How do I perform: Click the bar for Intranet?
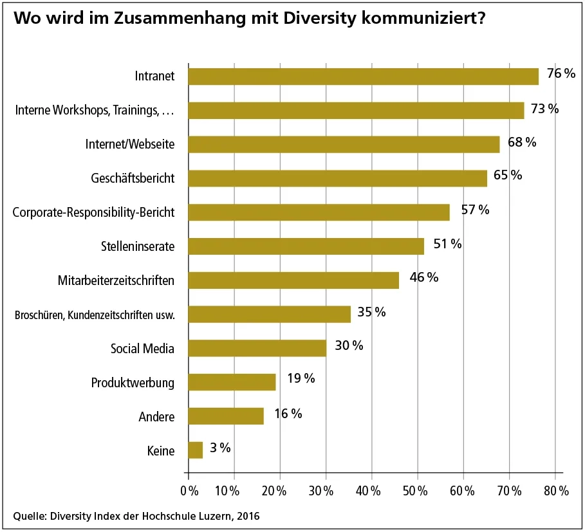click(x=363, y=76)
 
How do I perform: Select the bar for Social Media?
click(x=257, y=348)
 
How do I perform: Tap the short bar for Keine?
click(x=196, y=450)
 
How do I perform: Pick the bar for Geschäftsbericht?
click(x=337, y=178)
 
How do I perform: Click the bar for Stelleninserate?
click(x=306, y=246)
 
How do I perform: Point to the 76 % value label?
click(x=561, y=74)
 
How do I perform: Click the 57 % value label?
click(x=475, y=210)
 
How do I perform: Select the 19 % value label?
click(x=301, y=379)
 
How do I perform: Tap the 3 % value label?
click(x=220, y=448)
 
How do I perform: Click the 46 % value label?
click(x=423, y=278)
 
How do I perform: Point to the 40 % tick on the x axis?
click(x=371, y=491)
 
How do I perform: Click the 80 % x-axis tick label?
click(x=555, y=491)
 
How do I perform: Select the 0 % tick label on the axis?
click(x=189, y=491)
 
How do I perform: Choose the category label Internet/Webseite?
click(x=130, y=144)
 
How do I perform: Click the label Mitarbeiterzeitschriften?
click(x=116, y=280)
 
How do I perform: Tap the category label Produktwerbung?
click(x=133, y=383)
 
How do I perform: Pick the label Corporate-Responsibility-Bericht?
click(x=94, y=212)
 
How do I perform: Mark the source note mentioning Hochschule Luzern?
click(x=136, y=516)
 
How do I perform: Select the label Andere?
click(x=156, y=417)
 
